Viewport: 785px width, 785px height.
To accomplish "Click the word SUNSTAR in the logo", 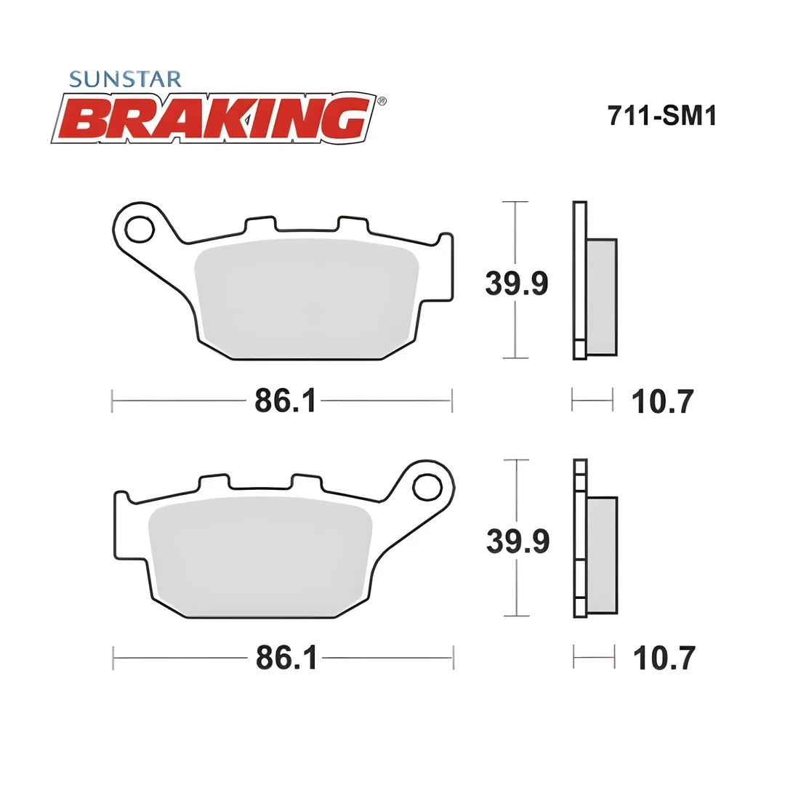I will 125,78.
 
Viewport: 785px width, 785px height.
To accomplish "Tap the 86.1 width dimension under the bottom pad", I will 286,659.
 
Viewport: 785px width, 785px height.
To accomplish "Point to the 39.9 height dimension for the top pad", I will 516,283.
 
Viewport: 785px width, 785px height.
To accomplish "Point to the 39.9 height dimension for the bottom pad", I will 517,542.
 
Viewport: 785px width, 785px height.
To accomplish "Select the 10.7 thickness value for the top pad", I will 662,401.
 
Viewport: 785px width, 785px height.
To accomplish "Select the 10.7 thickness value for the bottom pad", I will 664,659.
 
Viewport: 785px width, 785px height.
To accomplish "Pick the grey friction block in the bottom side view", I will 602,555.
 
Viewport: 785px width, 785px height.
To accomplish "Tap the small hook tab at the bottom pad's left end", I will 122,497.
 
